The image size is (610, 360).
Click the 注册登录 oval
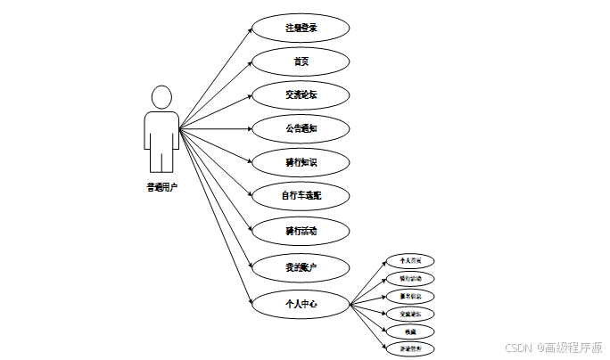(301, 28)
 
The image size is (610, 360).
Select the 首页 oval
(301, 61)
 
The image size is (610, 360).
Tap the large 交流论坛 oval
(301, 95)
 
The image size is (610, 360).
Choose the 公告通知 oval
(301, 129)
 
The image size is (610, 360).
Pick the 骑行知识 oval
(301, 163)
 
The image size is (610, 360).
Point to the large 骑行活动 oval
(301, 231)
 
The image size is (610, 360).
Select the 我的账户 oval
(301, 266)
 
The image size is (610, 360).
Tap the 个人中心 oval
(301, 304)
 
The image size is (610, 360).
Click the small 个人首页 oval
(410, 261)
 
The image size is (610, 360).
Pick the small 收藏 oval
(410, 331)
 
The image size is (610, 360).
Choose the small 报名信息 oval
(410, 296)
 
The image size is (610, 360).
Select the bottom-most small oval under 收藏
(410, 348)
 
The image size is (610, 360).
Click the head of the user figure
(161, 95)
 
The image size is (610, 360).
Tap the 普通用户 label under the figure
(161, 188)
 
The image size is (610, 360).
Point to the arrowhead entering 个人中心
(249, 300)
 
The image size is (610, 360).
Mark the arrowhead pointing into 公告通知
(249, 129)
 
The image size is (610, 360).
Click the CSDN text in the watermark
(517, 347)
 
